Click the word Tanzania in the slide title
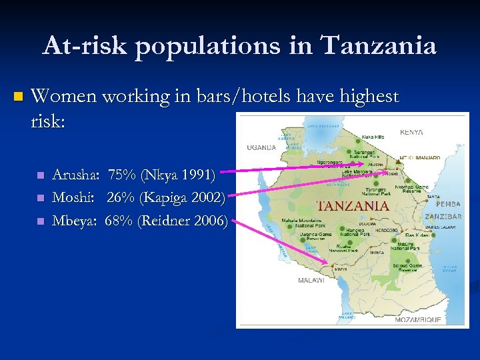[x=379, y=46]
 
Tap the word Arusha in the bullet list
[x=75, y=175]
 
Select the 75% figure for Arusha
[x=121, y=175]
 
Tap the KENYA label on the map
[x=411, y=132]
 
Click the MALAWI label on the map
[x=311, y=281]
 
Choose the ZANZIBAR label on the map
[x=443, y=217]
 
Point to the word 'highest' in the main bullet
[x=369, y=97]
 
